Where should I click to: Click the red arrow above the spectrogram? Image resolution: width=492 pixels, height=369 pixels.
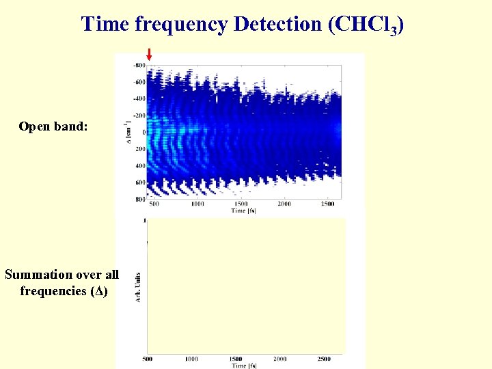point(149,54)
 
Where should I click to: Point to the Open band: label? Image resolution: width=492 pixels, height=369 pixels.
point(53,126)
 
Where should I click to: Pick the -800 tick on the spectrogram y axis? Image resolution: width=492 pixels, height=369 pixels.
point(139,66)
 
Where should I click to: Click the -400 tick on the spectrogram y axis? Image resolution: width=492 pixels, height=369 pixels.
point(139,98)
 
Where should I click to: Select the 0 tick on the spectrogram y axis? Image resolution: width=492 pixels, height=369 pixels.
point(143,132)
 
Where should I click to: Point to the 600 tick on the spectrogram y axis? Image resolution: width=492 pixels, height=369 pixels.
point(139,182)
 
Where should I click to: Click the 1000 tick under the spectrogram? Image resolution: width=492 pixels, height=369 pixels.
point(197,204)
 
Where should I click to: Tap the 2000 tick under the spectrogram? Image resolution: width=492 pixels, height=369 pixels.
point(284,204)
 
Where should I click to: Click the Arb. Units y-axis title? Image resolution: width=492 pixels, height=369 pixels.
point(137,287)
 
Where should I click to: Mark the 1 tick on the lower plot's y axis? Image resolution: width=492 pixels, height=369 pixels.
point(144,221)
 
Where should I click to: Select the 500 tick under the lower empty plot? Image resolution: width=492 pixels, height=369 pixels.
point(147,359)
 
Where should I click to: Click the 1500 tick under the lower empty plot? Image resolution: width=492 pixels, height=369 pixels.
point(236,359)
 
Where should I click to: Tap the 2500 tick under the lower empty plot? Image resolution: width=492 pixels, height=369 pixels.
point(325,359)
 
